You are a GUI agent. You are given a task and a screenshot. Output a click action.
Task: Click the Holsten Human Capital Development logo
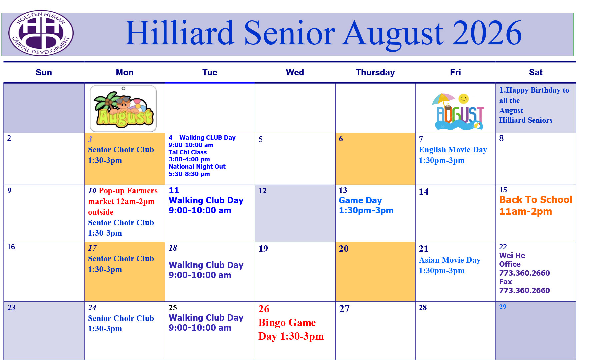[41, 33]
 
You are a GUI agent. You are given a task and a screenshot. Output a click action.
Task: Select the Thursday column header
[375, 72]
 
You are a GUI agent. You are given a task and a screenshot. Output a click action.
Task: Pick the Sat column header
[535, 72]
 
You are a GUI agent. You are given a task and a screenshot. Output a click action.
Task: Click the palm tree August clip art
[123, 108]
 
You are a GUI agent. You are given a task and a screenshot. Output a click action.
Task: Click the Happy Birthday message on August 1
[534, 105]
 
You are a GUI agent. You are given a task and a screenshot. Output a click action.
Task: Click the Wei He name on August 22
[512, 255]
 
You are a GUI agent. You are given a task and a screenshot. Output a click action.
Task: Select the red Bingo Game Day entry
[291, 329]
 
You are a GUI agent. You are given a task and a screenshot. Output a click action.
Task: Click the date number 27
[344, 309]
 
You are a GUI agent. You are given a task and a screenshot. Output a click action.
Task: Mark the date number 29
[503, 307]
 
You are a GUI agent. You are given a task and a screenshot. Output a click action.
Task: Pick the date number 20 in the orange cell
[344, 249]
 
